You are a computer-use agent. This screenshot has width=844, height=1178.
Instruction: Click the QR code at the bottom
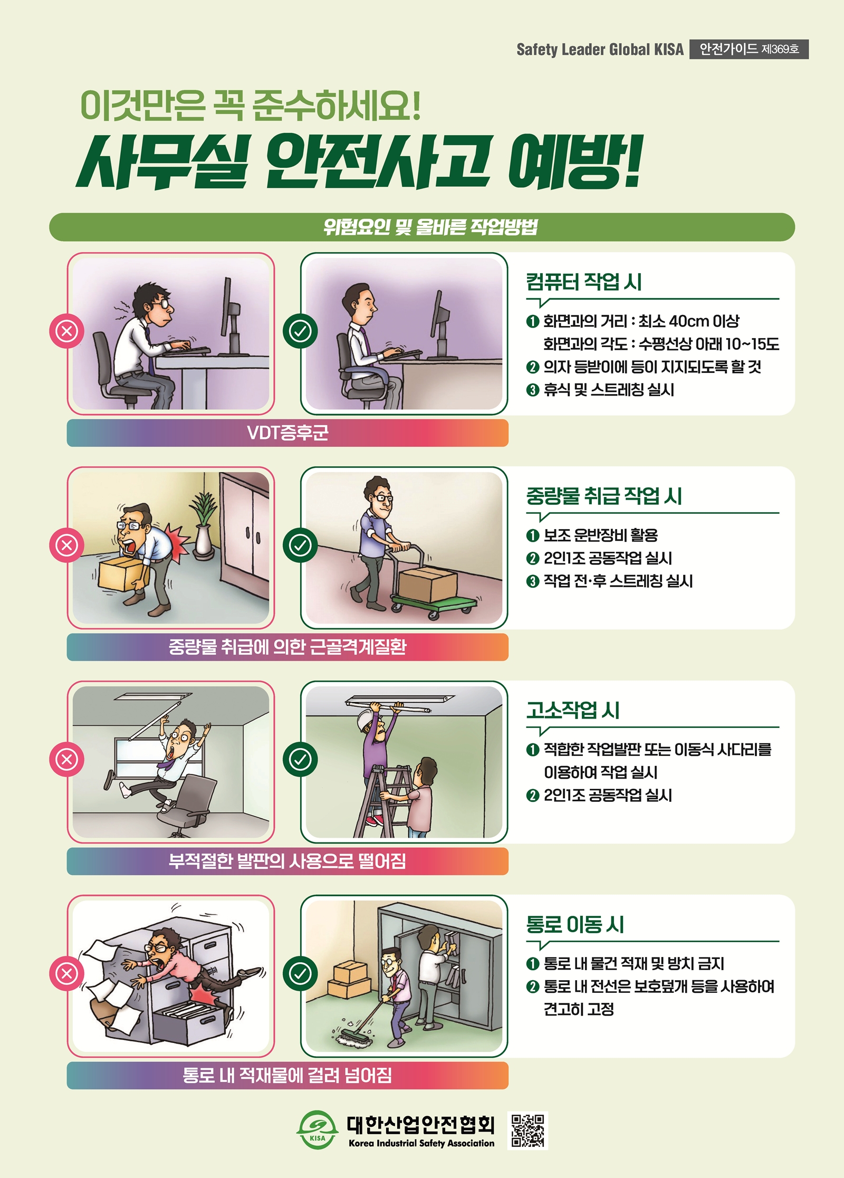pos(527,1131)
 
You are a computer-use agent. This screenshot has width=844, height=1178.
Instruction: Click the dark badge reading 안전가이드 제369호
pos(749,49)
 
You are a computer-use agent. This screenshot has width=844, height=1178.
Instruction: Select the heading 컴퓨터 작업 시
pos(583,281)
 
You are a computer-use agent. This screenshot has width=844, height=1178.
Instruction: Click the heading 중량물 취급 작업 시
pos(604,495)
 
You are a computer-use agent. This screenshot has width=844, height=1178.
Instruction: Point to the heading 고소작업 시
pos(573,710)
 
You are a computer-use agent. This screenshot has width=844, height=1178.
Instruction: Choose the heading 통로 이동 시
pos(575,924)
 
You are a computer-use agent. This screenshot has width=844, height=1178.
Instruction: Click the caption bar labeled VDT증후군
pos(287,433)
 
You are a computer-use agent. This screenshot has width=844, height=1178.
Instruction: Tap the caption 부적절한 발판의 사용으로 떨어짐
pos(287,861)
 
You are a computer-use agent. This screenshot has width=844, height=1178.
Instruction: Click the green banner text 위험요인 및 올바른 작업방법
pos(430,227)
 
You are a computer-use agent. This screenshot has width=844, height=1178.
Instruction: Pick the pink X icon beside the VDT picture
pos(66,331)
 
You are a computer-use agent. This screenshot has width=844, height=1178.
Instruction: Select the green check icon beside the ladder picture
pos(300,759)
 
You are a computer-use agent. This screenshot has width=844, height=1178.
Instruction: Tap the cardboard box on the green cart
pos(427,584)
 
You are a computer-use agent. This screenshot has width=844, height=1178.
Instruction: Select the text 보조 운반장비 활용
pos(601,535)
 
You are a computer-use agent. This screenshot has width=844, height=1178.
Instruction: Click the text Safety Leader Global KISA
pos(600,50)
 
